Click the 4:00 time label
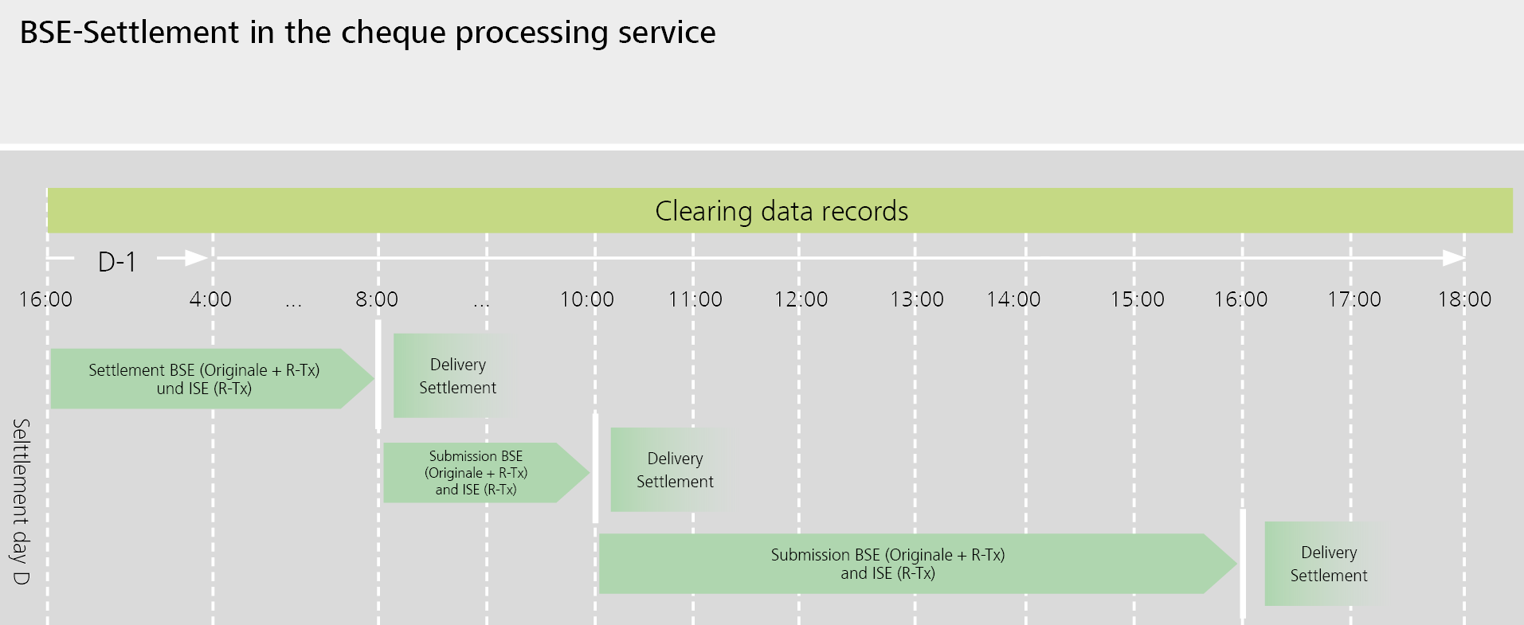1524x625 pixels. pyautogui.click(x=210, y=299)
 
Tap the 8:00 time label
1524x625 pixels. pyautogui.click(x=376, y=299)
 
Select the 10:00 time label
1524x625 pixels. pyautogui.click(x=586, y=299)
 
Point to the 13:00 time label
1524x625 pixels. pyautogui.click(x=916, y=299)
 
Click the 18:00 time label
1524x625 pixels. pyautogui.click(x=1463, y=299)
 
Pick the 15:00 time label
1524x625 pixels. pyautogui.click(x=1137, y=299)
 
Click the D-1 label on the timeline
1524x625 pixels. pyautogui.click(x=117, y=261)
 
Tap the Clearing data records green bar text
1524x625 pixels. pyautogui.click(x=781, y=211)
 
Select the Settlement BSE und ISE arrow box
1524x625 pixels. pyautogui.click(x=204, y=379)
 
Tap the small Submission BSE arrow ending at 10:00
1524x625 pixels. pyautogui.click(x=476, y=473)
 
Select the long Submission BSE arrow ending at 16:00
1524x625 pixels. pyautogui.click(x=887, y=564)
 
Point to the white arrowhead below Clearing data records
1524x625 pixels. pyautogui.click(x=1453, y=258)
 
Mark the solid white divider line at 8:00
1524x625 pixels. pyautogui.click(x=378, y=374)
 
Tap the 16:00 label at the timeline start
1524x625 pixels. pyautogui.click(x=45, y=299)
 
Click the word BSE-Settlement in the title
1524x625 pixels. pyautogui.click(x=129, y=33)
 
